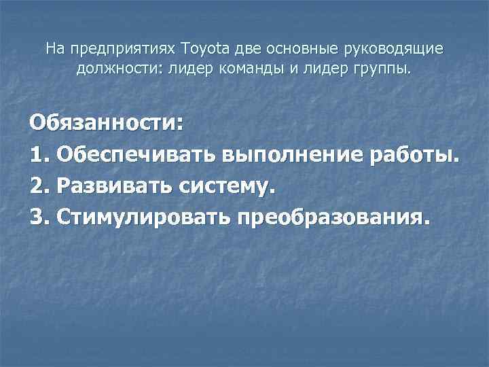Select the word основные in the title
coord(293,49)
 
